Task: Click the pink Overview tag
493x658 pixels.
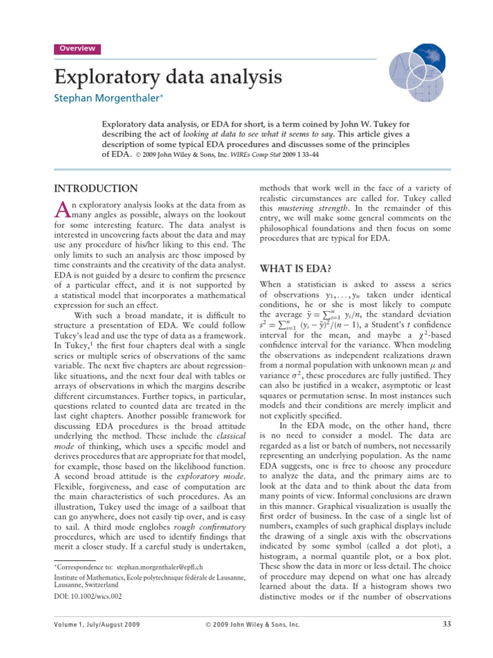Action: click(x=77, y=49)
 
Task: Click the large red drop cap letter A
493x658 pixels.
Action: click(x=62, y=209)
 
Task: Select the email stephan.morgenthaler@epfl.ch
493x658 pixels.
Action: click(x=160, y=568)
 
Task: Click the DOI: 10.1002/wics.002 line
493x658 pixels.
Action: click(x=87, y=596)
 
